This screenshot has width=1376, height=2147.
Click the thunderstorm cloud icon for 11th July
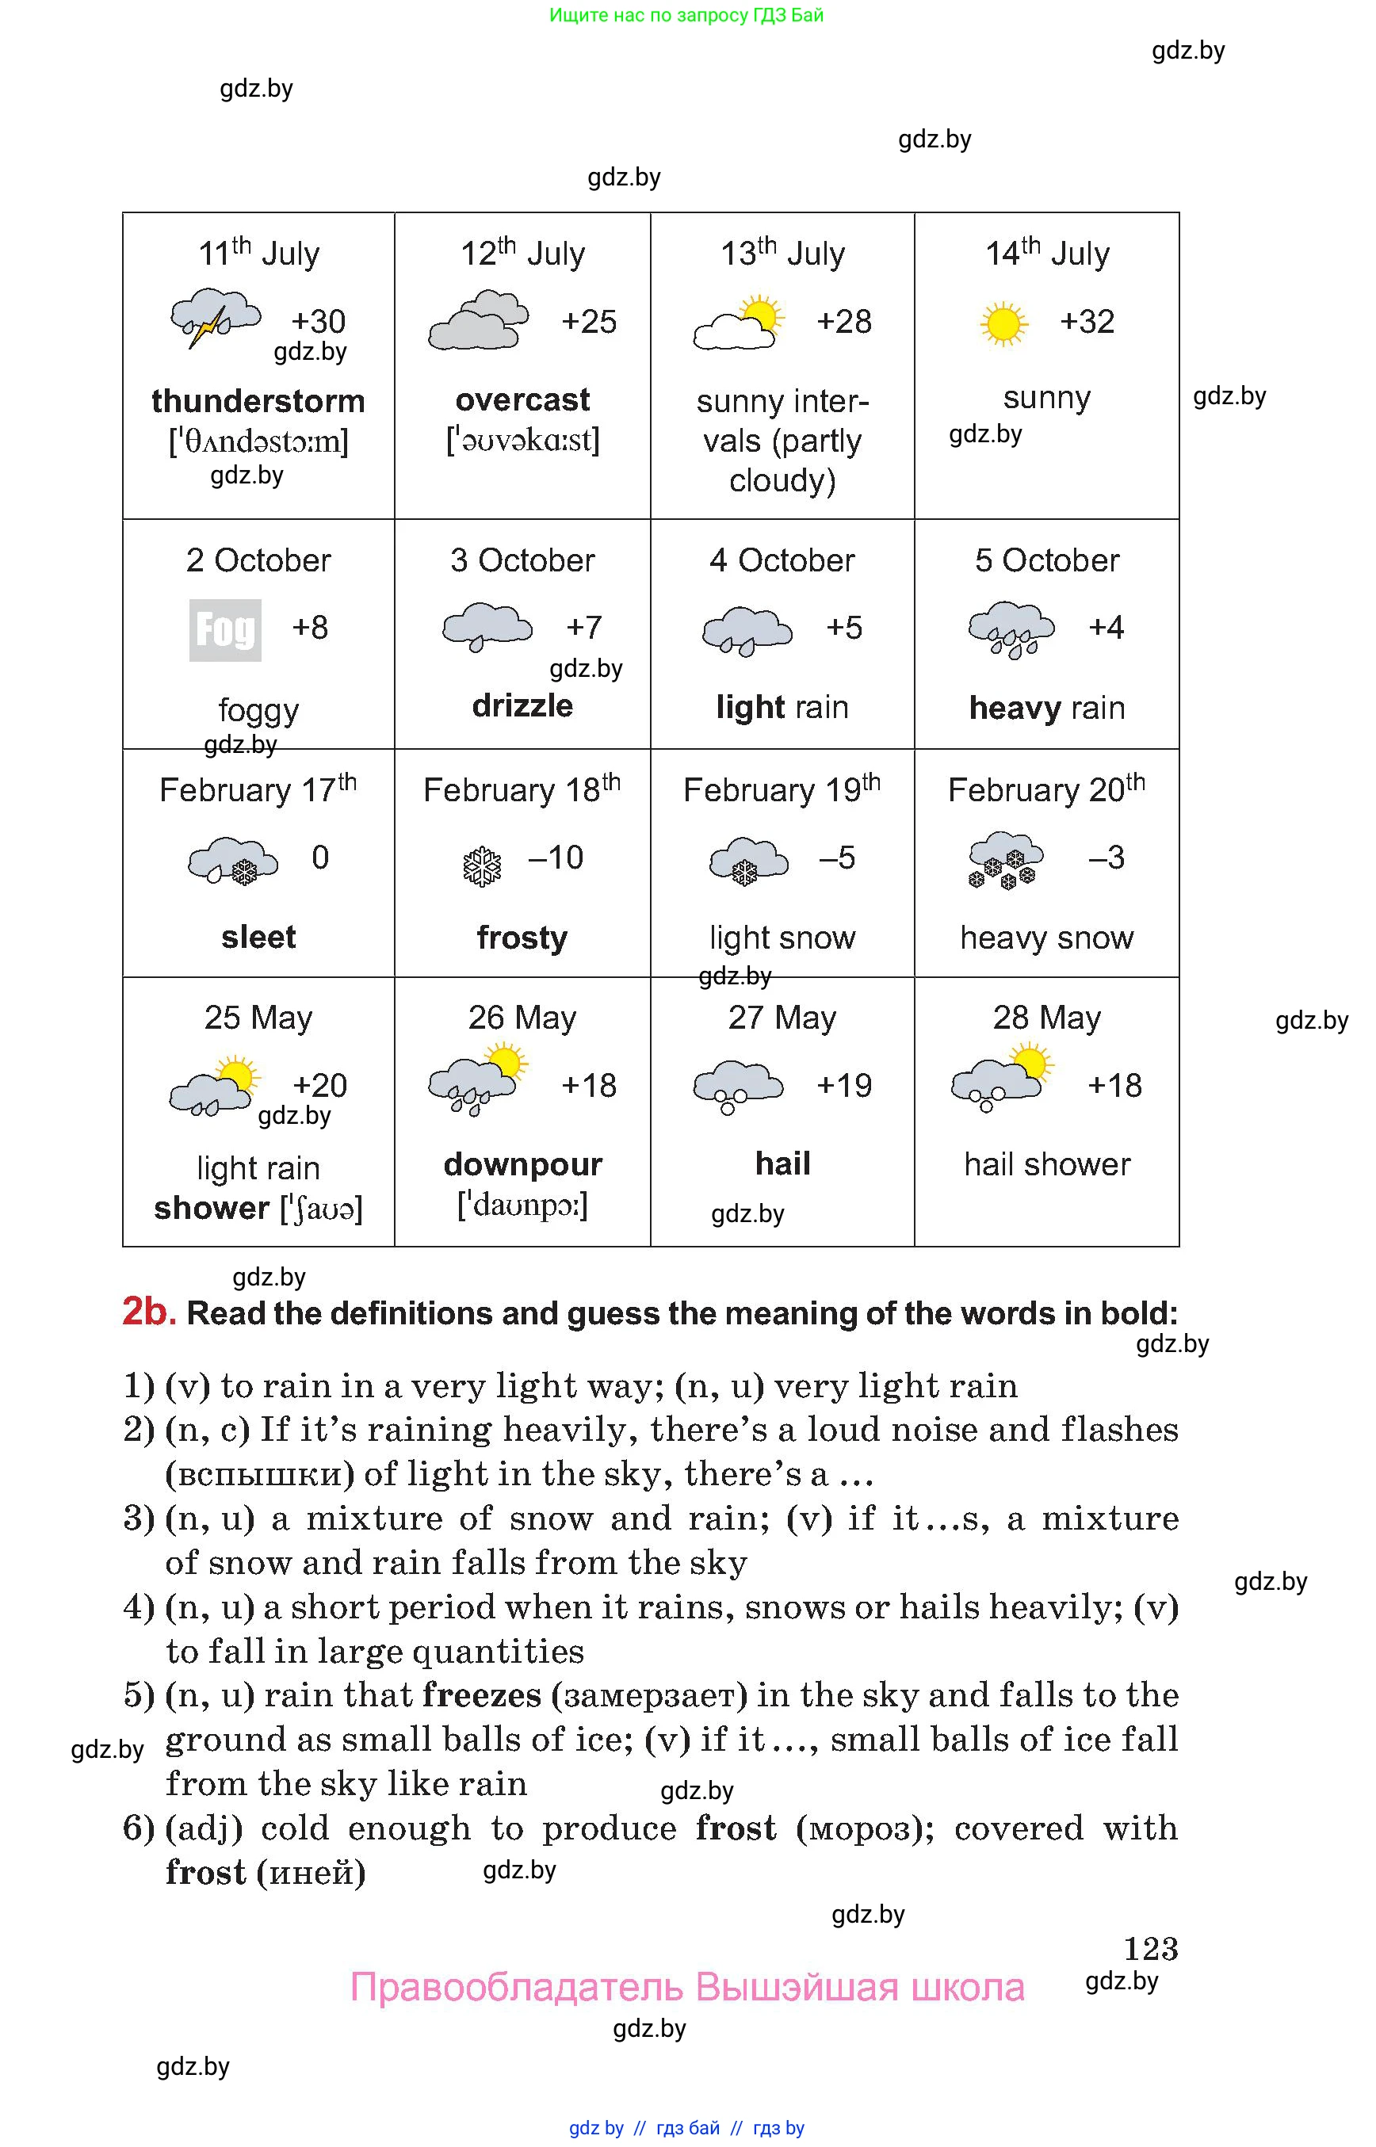pos(215,318)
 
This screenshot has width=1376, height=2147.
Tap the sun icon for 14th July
pos(1003,323)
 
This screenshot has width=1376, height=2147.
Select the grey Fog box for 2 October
pos(225,630)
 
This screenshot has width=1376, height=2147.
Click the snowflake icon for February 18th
pos(483,865)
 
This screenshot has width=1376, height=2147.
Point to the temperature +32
pos(1087,322)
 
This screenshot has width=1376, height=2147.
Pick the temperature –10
pos(555,858)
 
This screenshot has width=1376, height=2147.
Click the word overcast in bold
pos(522,399)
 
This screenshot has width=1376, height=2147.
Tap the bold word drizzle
pos(522,706)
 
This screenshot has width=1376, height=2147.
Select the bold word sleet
pos(258,938)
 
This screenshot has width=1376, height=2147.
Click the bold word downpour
pos(522,1164)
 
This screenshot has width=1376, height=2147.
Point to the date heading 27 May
pos(782,1018)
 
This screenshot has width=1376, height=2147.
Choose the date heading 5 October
pos(1046,560)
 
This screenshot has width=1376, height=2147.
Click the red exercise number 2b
pos(148,1311)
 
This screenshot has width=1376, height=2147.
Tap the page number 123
pos(1150,1948)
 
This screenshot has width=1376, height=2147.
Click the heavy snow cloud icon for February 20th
pos(1005,860)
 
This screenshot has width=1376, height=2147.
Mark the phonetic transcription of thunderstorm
pos(258,441)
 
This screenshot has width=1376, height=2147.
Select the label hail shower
pos(1046,1164)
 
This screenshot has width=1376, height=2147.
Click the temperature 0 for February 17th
pos(320,858)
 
